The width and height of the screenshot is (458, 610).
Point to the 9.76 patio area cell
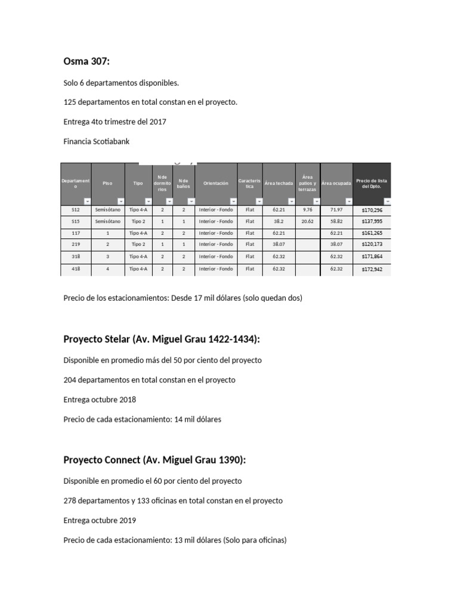[x=307, y=210]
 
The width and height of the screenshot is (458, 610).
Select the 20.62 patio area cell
[x=307, y=221]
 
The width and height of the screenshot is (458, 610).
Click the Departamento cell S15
[x=75, y=221]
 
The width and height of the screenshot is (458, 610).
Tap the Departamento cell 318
[x=75, y=257]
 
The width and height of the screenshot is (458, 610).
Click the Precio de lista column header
[x=372, y=183]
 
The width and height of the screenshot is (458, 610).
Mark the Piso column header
[x=107, y=183]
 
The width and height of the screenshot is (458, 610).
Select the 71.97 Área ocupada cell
[x=336, y=210]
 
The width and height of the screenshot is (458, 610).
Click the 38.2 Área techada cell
[x=278, y=221]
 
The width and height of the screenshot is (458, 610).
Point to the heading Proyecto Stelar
[x=162, y=339]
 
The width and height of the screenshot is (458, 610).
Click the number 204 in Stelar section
[x=70, y=379]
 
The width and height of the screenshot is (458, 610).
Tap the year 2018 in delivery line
[x=128, y=399]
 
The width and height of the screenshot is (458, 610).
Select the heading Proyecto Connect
[x=154, y=460]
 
